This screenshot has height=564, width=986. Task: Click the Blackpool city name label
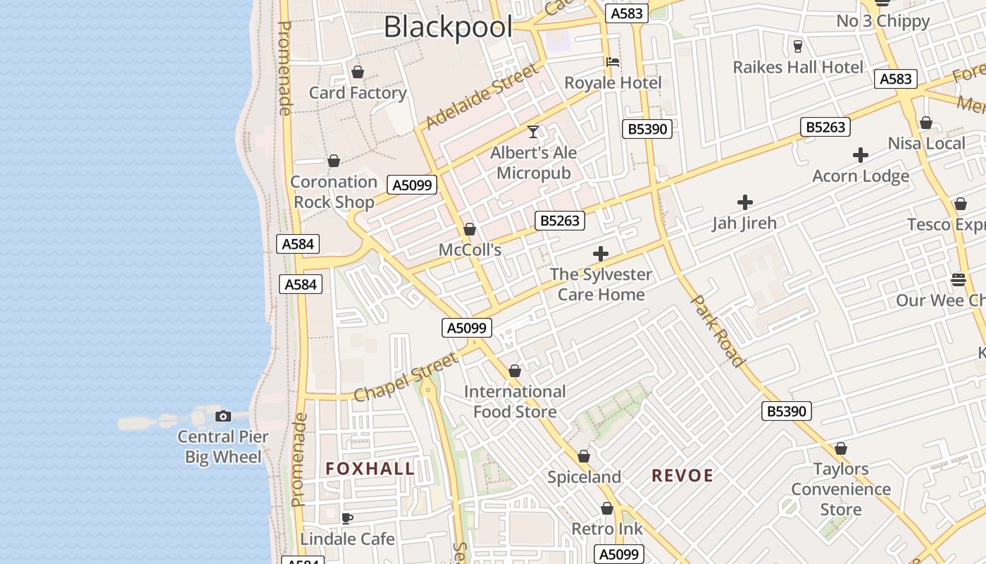pyautogui.click(x=448, y=27)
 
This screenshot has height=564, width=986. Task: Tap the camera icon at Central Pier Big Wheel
pyautogui.click(x=223, y=416)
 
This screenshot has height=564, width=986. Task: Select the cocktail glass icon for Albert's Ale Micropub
pyautogui.click(x=533, y=132)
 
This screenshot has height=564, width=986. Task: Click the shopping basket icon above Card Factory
pyautogui.click(x=358, y=72)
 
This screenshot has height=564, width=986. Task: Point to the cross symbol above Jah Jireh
pyautogui.click(x=744, y=202)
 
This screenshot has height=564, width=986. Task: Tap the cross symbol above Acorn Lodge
pyautogui.click(x=860, y=155)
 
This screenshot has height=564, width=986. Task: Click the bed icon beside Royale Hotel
pyautogui.click(x=613, y=62)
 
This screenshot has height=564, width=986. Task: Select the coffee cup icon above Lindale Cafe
pyautogui.click(x=347, y=518)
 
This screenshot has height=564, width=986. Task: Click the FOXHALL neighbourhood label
pyautogui.click(x=370, y=469)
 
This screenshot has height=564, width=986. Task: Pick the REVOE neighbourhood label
pyautogui.click(x=682, y=476)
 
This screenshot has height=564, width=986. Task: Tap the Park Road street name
pyautogui.click(x=718, y=331)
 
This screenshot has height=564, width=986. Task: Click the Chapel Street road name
pyautogui.click(x=406, y=378)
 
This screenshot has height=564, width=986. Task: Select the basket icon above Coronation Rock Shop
pyautogui.click(x=334, y=161)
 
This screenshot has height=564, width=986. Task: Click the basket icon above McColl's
pyautogui.click(x=470, y=229)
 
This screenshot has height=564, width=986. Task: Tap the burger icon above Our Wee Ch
pyautogui.click(x=958, y=279)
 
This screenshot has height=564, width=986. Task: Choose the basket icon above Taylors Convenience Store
pyautogui.click(x=840, y=448)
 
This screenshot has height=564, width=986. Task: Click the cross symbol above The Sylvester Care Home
pyautogui.click(x=601, y=253)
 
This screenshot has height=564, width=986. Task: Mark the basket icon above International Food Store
pyautogui.click(x=515, y=371)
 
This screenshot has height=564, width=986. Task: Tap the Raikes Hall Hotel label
pyautogui.click(x=798, y=68)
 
